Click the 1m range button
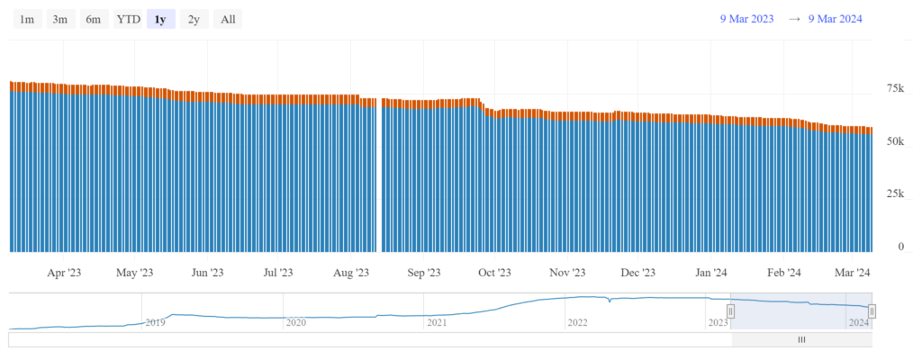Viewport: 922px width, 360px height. tap(27, 19)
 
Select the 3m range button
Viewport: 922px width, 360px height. tap(59, 19)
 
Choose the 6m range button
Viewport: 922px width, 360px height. tap(93, 19)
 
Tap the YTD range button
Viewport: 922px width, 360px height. tap(128, 19)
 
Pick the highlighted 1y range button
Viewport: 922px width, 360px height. tap(160, 19)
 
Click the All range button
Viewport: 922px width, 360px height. tap(228, 19)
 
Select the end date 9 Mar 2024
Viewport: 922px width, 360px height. tap(835, 19)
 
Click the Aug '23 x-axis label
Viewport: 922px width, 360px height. tap(351, 272)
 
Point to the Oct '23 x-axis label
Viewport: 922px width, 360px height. tap(493, 272)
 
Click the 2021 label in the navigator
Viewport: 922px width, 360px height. tap(437, 321)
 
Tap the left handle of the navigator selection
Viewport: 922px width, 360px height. tap(731, 311)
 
